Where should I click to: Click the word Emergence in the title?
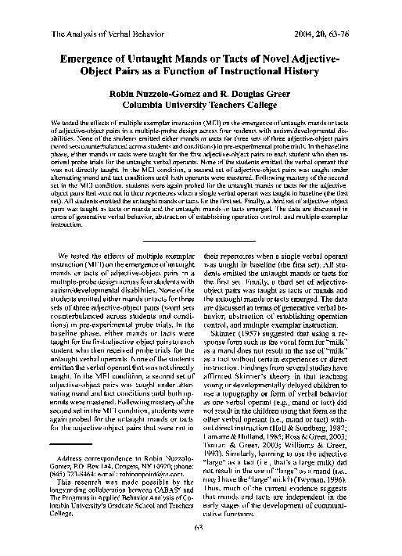coord(96,59)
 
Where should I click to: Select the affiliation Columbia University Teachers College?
coord(201,109)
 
